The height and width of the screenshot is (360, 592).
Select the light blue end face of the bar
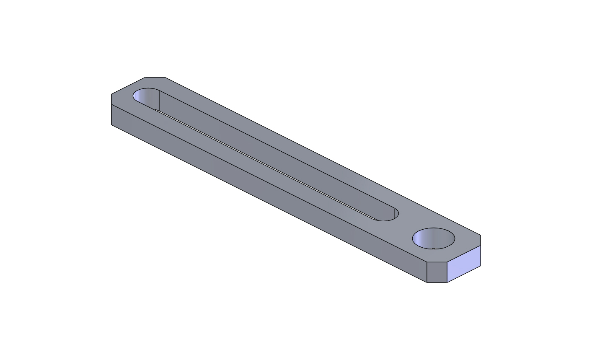tap(464, 264)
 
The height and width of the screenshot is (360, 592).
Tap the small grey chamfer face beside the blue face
tap(437, 272)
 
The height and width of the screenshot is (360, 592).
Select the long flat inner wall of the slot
tap(272, 155)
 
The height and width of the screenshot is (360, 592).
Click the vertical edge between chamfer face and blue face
tap(447, 272)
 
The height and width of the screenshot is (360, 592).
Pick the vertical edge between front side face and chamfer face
tap(427, 272)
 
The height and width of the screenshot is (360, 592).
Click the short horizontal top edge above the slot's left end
tap(155, 77)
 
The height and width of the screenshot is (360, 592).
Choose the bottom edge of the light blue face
tap(464, 274)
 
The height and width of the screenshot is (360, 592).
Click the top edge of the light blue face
tap(464, 254)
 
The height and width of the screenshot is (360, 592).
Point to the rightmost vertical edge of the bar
tap(481, 255)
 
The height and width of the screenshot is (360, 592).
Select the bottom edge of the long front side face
tap(268, 203)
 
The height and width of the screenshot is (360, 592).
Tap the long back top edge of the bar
tap(323, 156)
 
